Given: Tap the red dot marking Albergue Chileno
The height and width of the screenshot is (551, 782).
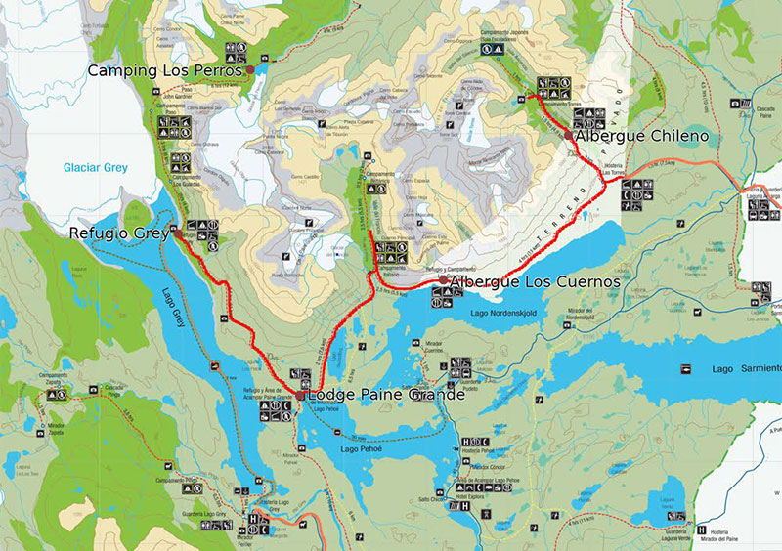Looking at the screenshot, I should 569,136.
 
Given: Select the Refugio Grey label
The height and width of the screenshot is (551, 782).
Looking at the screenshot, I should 118,233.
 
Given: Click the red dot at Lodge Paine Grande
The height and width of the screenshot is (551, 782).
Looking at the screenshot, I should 299,395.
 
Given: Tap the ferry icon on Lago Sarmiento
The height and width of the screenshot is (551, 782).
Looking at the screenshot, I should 687,368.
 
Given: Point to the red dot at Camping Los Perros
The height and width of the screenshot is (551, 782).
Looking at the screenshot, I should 250,70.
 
